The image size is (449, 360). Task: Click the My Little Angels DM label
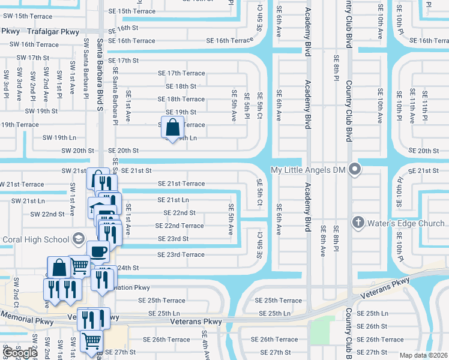pos(309,170)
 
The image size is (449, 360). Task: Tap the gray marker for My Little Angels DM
pos(355,170)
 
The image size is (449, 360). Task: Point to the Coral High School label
pos(35,239)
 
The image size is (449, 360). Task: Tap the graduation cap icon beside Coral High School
pos(77,239)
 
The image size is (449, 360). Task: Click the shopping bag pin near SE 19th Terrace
pos(172,128)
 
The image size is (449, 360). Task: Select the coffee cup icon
pos(98,251)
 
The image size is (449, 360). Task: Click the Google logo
pos(19,352)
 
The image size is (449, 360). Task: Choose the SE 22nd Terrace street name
pos(179,226)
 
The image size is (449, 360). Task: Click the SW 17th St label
pos(32,58)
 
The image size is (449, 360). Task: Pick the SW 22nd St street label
pos(47,214)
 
